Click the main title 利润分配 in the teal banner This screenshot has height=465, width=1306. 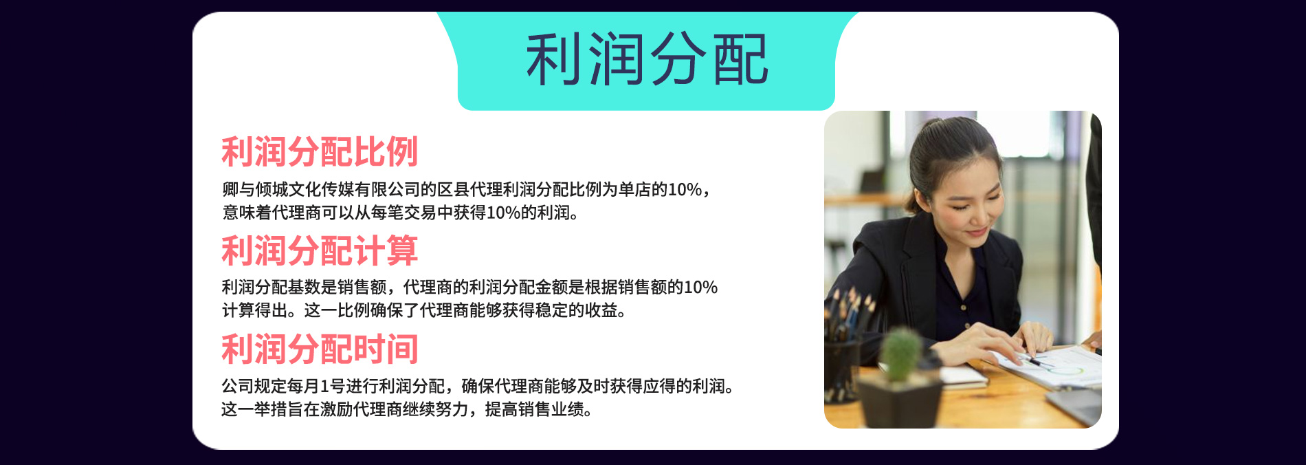tap(647, 60)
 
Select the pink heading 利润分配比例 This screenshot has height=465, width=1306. tap(320, 152)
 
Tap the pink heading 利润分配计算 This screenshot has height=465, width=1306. tap(320, 250)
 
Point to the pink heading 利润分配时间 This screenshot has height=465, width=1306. tap(320, 349)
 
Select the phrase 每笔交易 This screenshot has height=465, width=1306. tap(403, 213)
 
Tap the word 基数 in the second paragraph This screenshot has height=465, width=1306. tap(304, 287)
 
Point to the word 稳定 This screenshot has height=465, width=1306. tap(552, 310)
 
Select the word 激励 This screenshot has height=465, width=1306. tap(337, 409)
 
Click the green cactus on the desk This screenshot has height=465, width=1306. tap(900, 355)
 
